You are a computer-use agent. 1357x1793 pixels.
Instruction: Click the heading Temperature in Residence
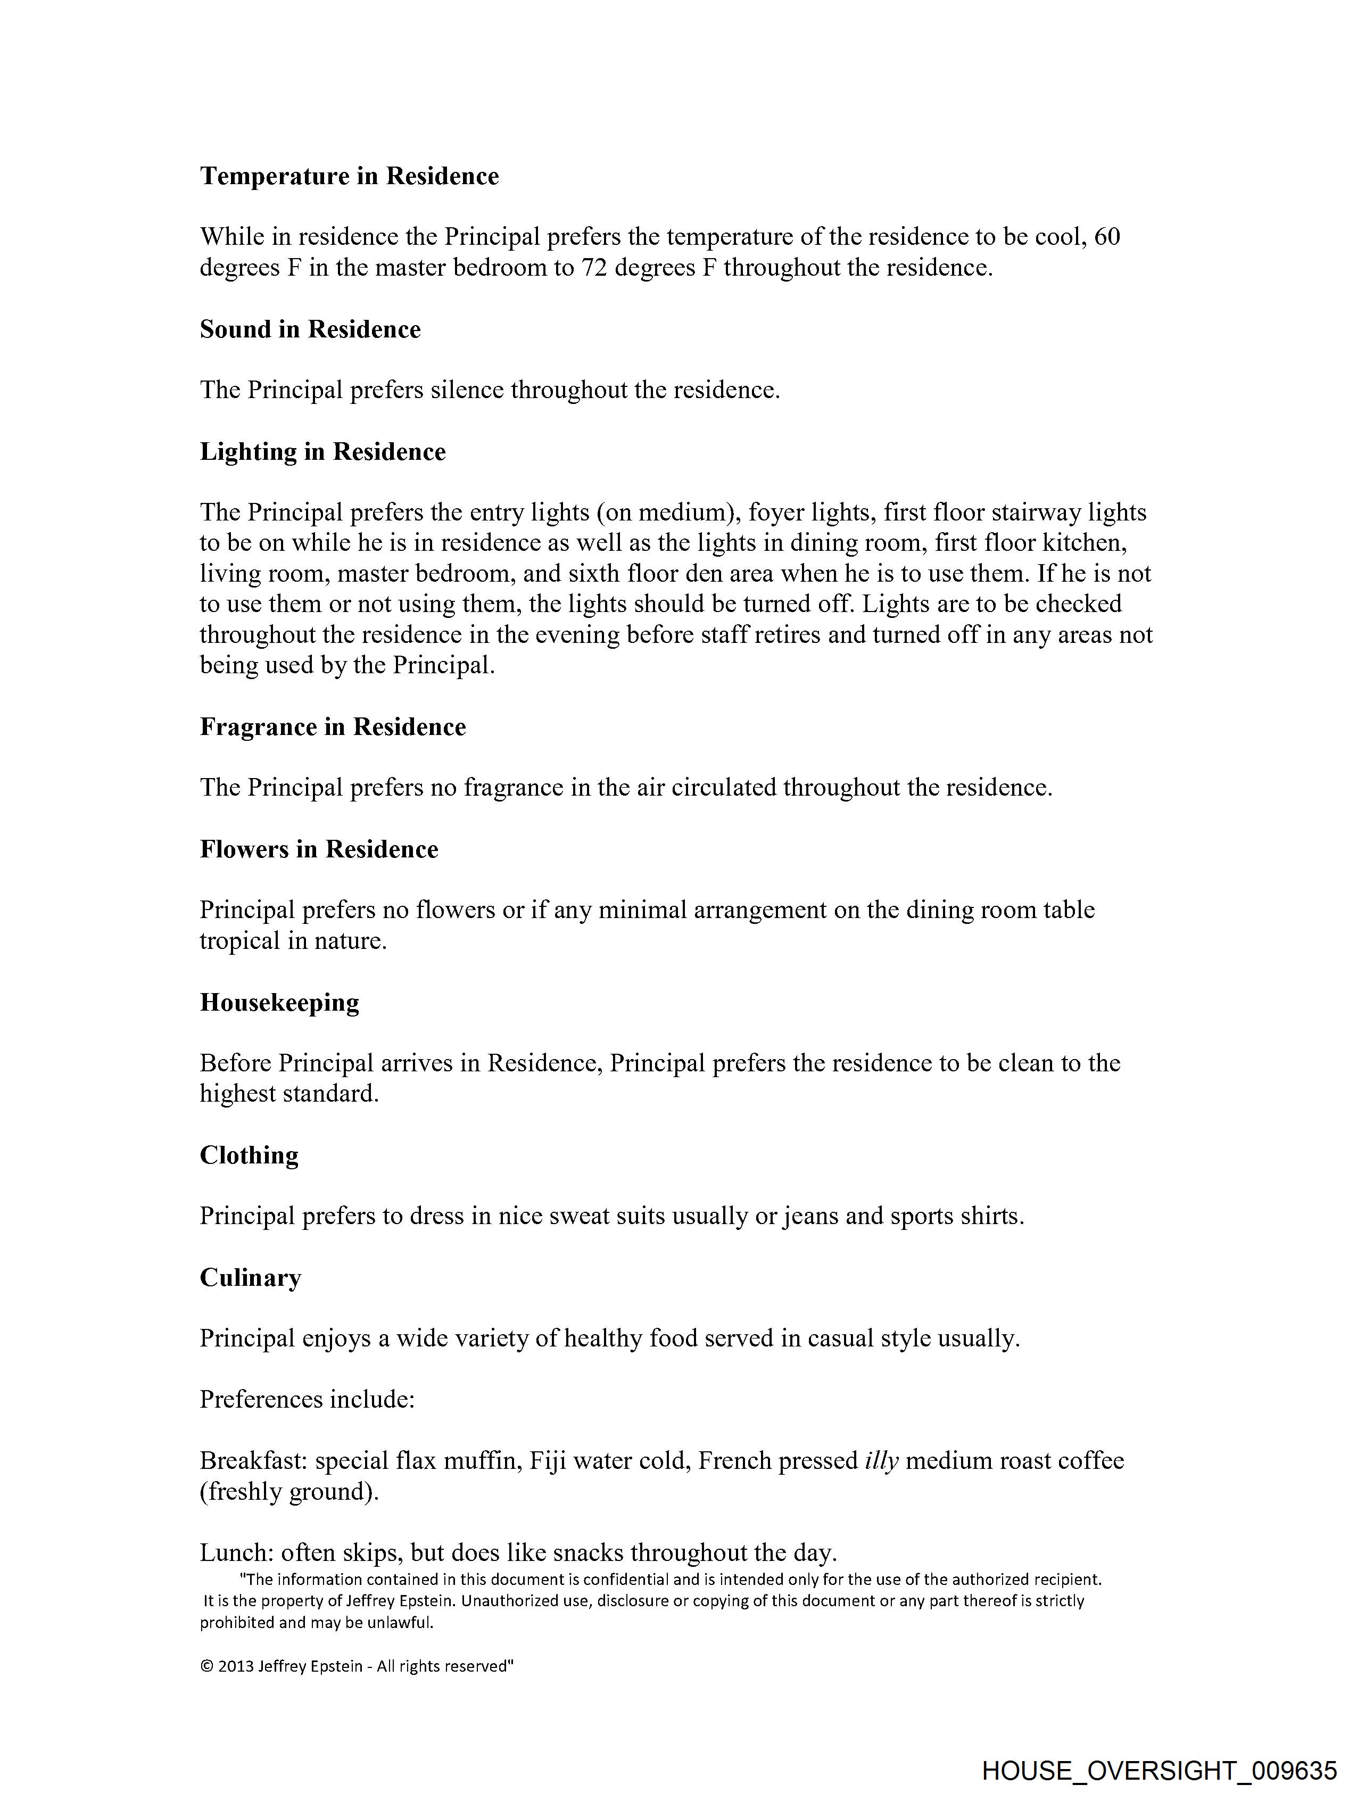pyautogui.click(x=350, y=176)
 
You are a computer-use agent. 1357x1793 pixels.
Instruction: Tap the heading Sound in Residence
pyautogui.click(x=310, y=329)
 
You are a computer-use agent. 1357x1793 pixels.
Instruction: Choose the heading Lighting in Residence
pyautogui.click(x=322, y=451)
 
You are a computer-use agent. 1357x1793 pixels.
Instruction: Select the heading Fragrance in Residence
pyautogui.click(x=333, y=726)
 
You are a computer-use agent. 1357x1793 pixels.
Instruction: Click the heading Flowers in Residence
pyautogui.click(x=319, y=849)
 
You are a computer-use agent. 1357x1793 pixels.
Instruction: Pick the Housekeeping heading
pyautogui.click(x=280, y=1003)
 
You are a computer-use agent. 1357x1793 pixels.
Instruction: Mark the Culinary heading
pyautogui.click(x=251, y=1277)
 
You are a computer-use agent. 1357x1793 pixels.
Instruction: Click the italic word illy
pyautogui.click(x=882, y=1461)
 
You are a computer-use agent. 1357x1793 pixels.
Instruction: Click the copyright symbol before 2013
pyautogui.click(x=206, y=1666)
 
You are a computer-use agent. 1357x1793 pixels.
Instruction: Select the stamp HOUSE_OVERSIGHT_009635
pyautogui.click(x=1159, y=1770)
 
